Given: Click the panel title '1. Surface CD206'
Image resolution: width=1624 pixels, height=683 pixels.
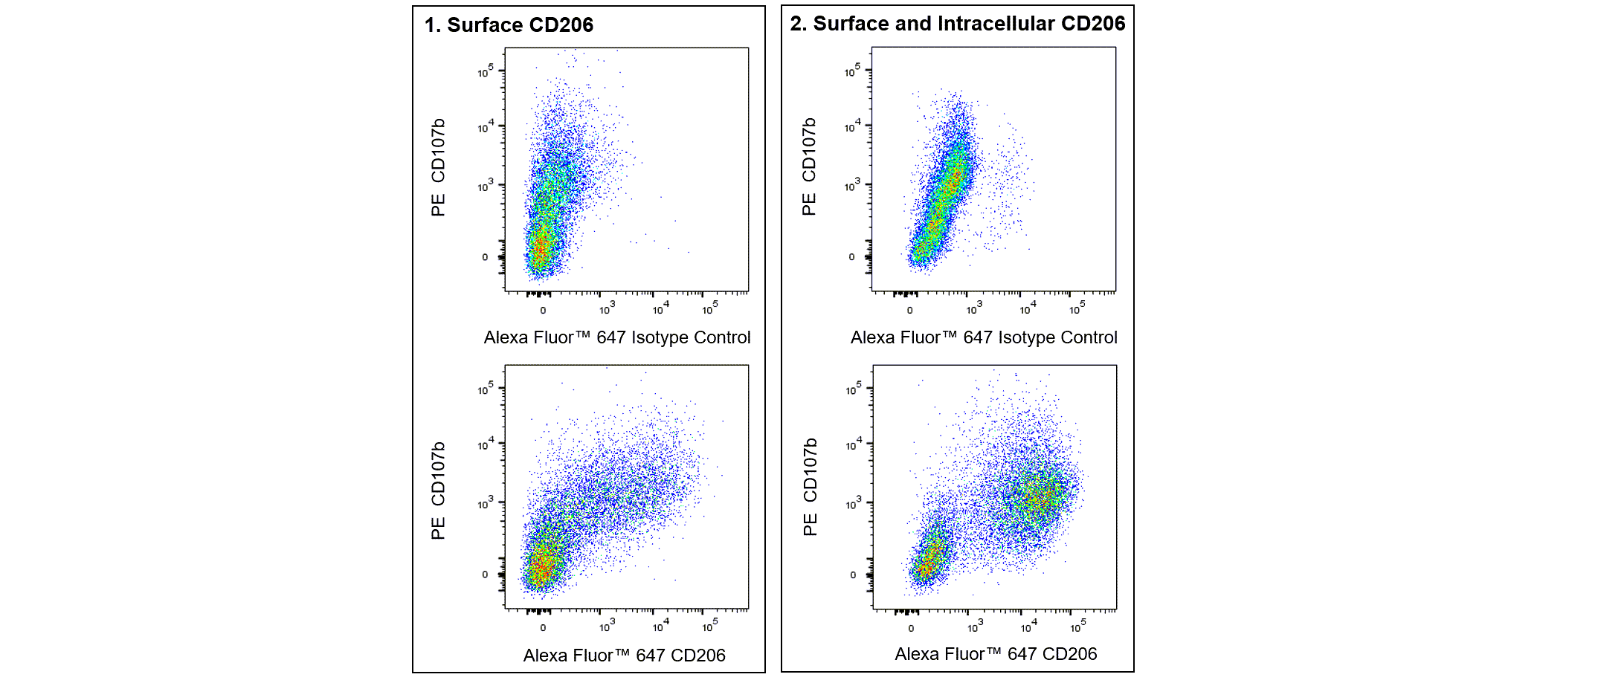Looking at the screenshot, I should tap(509, 25).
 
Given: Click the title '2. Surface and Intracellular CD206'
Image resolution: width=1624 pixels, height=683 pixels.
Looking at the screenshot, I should tap(957, 24).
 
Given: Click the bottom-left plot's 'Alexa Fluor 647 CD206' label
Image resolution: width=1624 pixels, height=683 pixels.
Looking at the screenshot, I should tap(624, 656).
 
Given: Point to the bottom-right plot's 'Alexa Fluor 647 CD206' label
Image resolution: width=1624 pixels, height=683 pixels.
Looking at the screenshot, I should tap(996, 654).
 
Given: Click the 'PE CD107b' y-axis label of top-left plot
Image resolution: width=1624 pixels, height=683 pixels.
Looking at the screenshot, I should tap(438, 167).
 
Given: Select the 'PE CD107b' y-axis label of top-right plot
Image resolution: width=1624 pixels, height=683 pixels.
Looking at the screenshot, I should tap(809, 166).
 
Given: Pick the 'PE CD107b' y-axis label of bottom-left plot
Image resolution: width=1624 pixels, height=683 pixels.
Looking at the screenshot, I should tap(438, 491).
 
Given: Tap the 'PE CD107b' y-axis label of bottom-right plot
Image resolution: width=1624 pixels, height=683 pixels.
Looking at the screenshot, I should tap(810, 487).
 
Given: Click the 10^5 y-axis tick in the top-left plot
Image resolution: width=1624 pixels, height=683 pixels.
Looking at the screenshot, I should tap(485, 71).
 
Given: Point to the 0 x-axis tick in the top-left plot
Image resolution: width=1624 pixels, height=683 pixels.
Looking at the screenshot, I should tap(543, 310).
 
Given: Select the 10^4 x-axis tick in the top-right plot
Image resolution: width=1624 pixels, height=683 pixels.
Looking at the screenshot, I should tap(1028, 308).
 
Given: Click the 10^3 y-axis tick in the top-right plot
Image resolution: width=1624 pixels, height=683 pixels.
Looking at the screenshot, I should tap(852, 186).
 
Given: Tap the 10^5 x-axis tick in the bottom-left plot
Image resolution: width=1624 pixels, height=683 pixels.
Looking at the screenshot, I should tap(709, 627).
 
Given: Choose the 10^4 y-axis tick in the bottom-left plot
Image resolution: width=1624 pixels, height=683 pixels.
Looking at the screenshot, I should tap(485, 444).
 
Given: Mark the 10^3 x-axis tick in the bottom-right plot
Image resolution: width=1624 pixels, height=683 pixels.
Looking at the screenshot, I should tap(974, 627).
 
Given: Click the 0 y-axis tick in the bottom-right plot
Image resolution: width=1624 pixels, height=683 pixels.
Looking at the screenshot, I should tap(853, 574).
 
